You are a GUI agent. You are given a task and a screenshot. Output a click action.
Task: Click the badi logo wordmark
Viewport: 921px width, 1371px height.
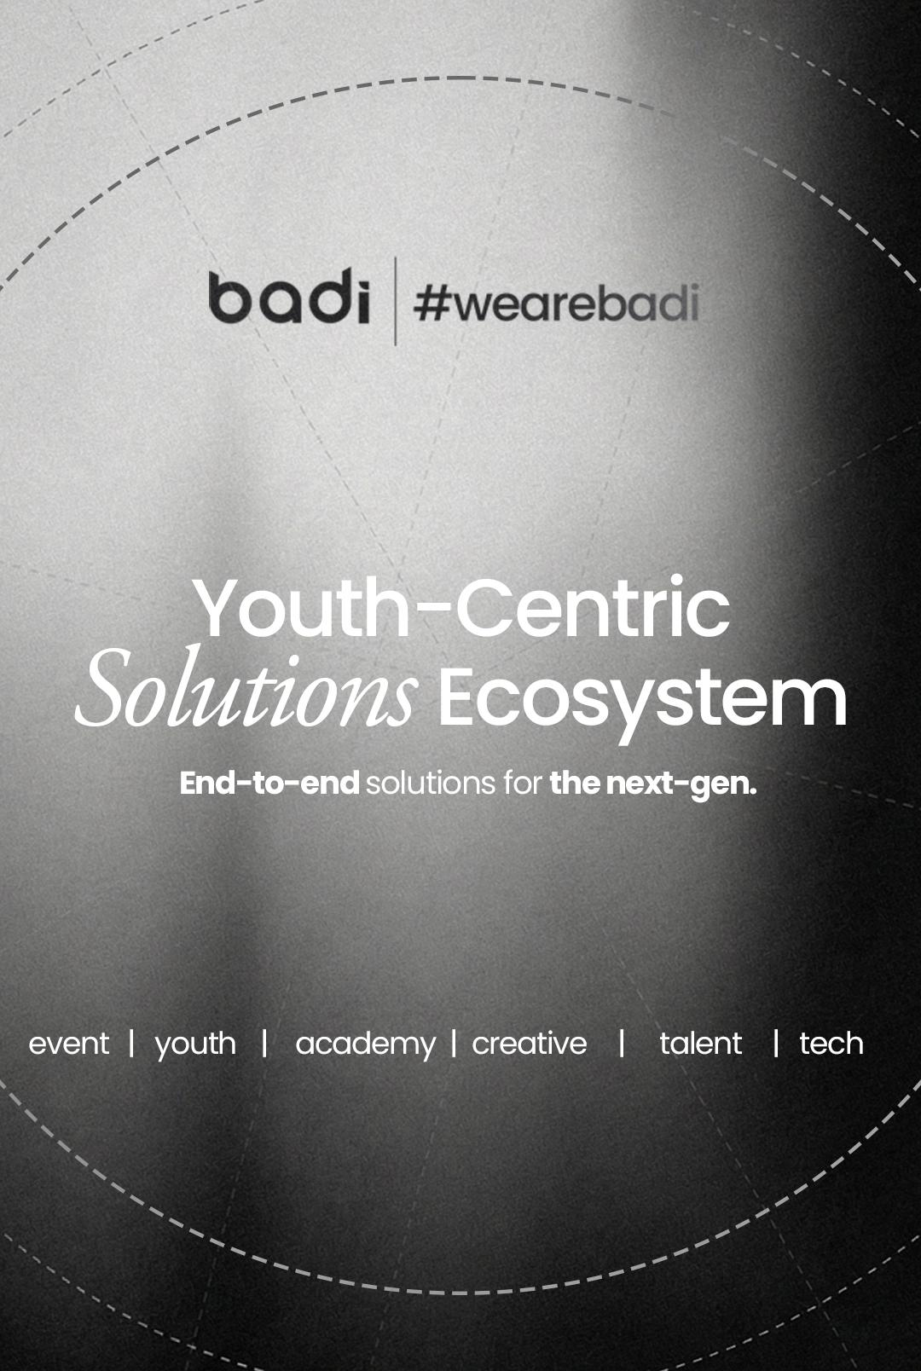[289, 298]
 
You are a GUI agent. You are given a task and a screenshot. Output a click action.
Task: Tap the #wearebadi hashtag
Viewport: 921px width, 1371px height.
[556, 304]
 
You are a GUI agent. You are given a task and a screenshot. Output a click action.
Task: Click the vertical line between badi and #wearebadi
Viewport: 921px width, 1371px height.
[395, 301]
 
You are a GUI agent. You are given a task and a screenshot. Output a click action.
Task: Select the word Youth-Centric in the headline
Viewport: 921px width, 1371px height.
[461, 607]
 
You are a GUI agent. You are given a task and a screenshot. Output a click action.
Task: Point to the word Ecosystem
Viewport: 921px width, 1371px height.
[642, 697]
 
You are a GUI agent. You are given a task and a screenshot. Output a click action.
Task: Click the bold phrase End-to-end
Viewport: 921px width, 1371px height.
[269, 783]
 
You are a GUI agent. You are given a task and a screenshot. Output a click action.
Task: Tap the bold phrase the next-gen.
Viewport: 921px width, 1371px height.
[653, 784]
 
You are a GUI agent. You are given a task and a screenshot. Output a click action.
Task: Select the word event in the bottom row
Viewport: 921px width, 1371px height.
[69, 1044]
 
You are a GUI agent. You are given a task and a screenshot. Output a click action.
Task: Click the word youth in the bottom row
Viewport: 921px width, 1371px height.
[195, 1044]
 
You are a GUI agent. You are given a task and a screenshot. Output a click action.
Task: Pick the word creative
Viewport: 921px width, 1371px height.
[530, 1044]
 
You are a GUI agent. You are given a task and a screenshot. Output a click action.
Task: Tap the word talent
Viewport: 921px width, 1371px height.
[700, 1044]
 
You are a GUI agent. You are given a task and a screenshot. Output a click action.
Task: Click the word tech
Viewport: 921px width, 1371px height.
[831, 1044]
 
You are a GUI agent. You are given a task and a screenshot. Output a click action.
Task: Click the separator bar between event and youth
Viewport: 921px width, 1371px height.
[131, 1042]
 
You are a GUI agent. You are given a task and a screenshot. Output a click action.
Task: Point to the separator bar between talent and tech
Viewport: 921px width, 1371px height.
[775, 1042]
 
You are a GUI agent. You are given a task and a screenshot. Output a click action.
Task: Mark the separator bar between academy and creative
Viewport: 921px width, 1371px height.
[454, 1042]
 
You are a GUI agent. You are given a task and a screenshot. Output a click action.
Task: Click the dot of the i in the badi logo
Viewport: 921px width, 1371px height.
[362, 275]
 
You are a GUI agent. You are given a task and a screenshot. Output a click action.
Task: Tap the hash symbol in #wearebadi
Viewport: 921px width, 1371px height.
[432, 304]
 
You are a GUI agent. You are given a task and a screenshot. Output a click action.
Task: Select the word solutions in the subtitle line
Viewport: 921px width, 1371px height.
[431, 783]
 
